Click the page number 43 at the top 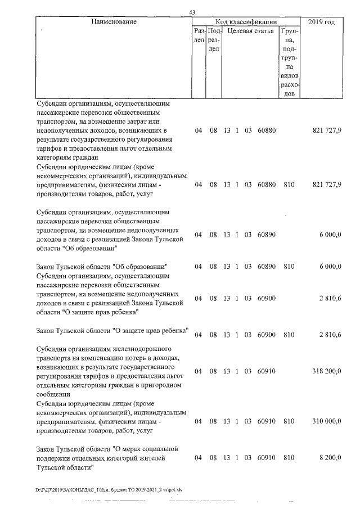(192, 12)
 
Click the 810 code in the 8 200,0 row (289, 458)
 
